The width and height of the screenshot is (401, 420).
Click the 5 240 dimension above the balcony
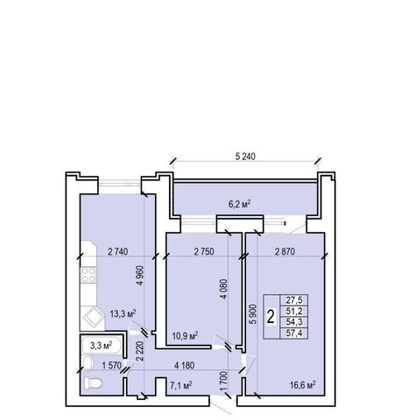point(245,157)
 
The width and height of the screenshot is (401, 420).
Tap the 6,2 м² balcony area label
point(240,204)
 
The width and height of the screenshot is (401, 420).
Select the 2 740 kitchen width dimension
point(118,251)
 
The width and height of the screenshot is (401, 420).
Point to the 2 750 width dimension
point(204,251)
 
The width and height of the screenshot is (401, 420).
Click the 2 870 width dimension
point(285,251)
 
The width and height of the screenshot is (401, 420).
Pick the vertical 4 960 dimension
point(140,276)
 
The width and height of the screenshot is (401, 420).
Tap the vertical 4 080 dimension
point(224,289)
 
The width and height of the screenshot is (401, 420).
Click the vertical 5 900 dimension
point(253,314)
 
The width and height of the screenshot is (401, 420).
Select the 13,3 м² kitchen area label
point(123,314)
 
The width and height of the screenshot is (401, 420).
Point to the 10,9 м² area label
point(185,336)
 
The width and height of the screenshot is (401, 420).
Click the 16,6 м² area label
point(303,385)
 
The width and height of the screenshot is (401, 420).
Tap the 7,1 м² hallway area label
point(181,386)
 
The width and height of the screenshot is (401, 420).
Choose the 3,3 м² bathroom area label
point(102,346)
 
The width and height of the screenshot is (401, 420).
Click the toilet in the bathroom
point(93,383)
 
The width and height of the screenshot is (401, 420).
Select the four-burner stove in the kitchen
point(88,276)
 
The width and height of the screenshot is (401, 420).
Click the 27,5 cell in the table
point(294,300)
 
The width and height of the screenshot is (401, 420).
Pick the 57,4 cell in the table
point(294,333)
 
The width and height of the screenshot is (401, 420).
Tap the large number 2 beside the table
point(271,317)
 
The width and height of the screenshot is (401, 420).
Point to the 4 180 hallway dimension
point(184,365)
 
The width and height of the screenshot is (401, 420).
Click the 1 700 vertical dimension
point(224,381)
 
